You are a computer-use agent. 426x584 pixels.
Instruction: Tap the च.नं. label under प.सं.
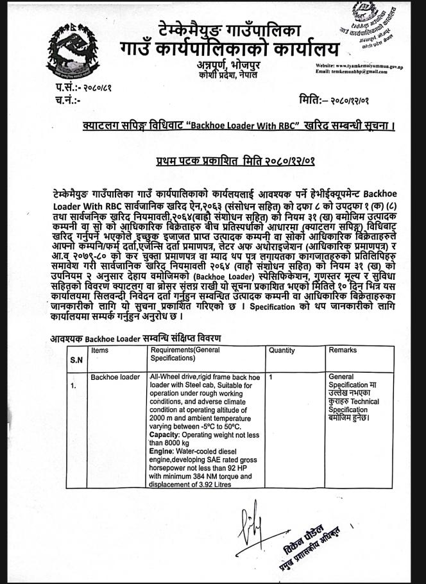click(68, 100)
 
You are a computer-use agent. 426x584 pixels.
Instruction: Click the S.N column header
click(76, 359)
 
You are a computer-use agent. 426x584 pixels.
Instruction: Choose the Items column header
click(100, 350)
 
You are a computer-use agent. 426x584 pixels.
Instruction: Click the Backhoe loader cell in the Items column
click(115, 377)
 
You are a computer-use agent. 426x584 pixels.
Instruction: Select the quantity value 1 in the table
click(271, 377)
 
